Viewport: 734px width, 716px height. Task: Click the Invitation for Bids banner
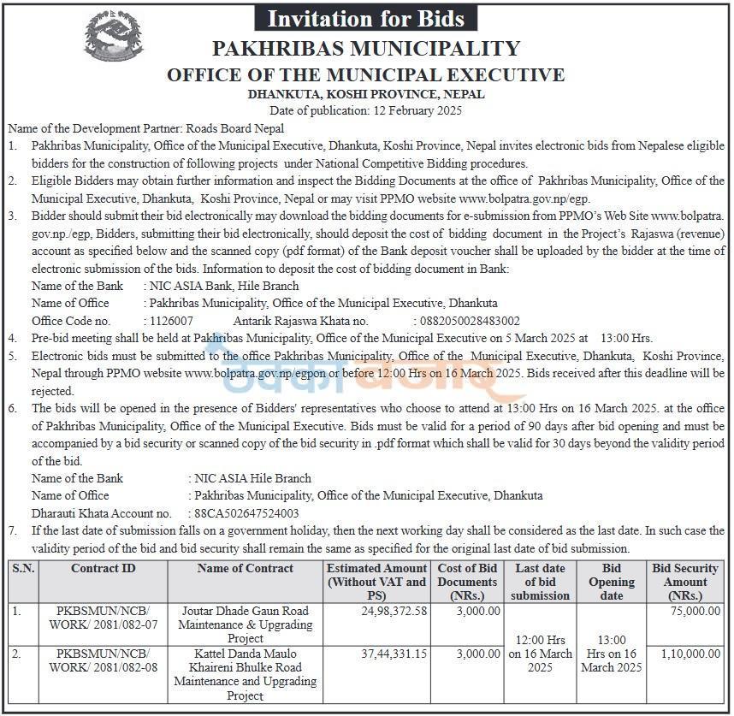[x=366, y=18]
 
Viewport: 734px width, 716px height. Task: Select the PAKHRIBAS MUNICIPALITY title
[x=366, y=49]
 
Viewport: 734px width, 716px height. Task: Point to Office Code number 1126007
[x=171, y=320]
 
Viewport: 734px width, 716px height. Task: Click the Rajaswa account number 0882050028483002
[x=469, y=320]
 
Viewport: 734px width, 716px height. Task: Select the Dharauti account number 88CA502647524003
[x=247, y=513]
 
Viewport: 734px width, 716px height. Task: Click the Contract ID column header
[x=103, y=568]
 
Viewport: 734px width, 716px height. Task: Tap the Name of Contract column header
[x=245, y=568]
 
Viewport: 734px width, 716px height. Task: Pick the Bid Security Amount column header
[x=685, y=582]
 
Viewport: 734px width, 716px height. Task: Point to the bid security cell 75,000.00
[x=690, y=612]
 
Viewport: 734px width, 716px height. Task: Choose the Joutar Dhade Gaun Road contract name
[x=245, y=624]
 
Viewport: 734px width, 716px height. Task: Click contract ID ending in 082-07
[x=103, y=618]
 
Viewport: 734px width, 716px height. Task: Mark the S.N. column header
[x=23, y=568]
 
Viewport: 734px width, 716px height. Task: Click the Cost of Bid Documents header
[x=467, y=582]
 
